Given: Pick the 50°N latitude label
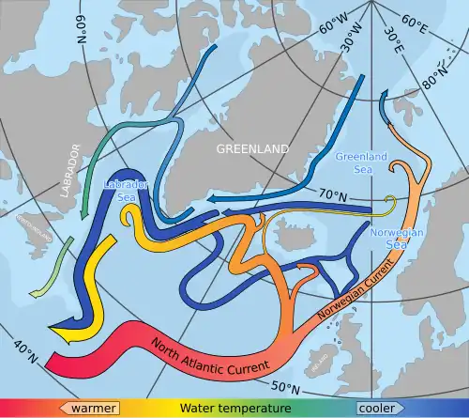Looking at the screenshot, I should coord(286,387).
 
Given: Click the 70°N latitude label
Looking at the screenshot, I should coord(330,195).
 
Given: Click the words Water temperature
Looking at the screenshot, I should coord(234,408).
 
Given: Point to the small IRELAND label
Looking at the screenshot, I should coord(325,357).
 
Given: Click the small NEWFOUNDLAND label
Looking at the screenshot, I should coord(28,228).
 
